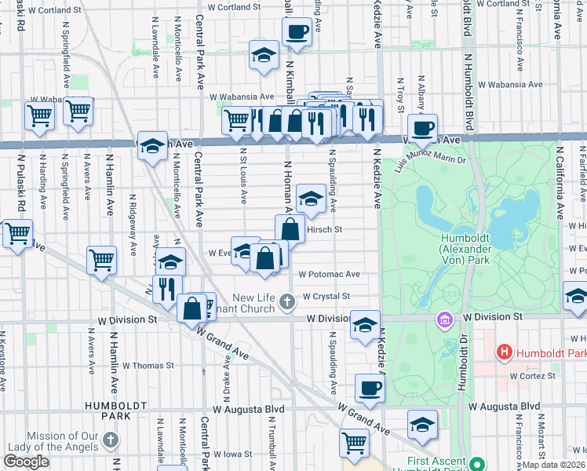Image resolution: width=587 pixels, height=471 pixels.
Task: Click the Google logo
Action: [27, 462]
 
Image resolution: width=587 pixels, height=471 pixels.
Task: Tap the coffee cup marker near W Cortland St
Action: [296, 32]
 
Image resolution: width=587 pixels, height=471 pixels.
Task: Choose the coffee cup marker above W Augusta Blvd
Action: [370, 386]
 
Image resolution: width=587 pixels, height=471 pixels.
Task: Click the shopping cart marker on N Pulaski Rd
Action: [16, 233]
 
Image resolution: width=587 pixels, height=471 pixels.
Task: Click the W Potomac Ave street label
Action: [329, 275]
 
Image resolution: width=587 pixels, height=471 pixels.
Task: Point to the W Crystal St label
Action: [324, 296]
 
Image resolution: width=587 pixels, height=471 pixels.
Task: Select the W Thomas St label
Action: [148, 366]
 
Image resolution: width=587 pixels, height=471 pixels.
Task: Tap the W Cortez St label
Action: [532, 376]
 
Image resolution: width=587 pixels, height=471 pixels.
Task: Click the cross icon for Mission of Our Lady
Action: [112, 440]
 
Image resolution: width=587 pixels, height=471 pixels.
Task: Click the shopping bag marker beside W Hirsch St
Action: [290, 229]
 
